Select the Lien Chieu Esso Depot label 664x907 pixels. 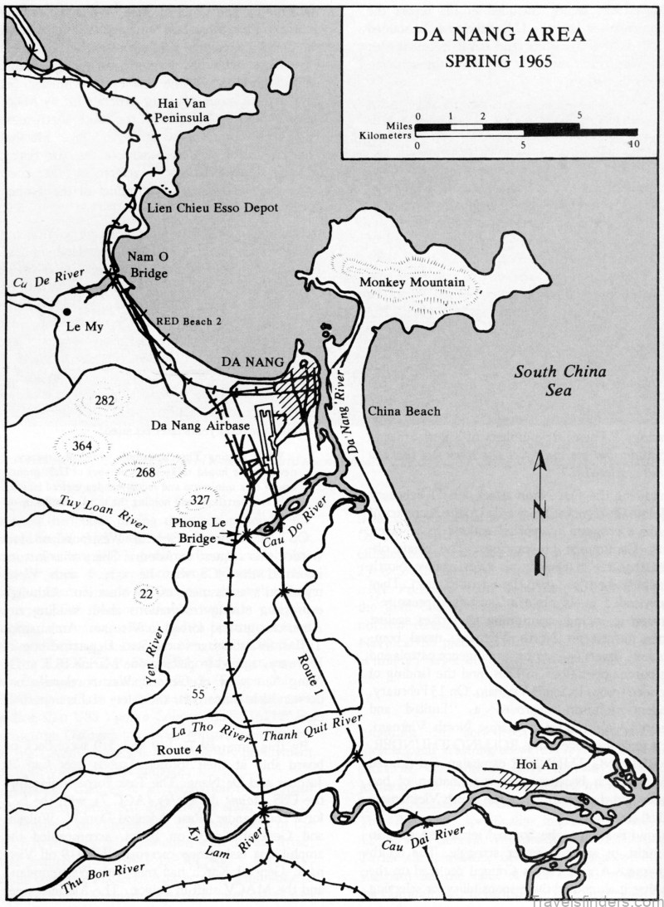tap(212, 207)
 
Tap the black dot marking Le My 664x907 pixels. tap(66, 312)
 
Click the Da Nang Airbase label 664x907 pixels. tap(200, 426)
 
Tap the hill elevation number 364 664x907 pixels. tap(81, 446)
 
